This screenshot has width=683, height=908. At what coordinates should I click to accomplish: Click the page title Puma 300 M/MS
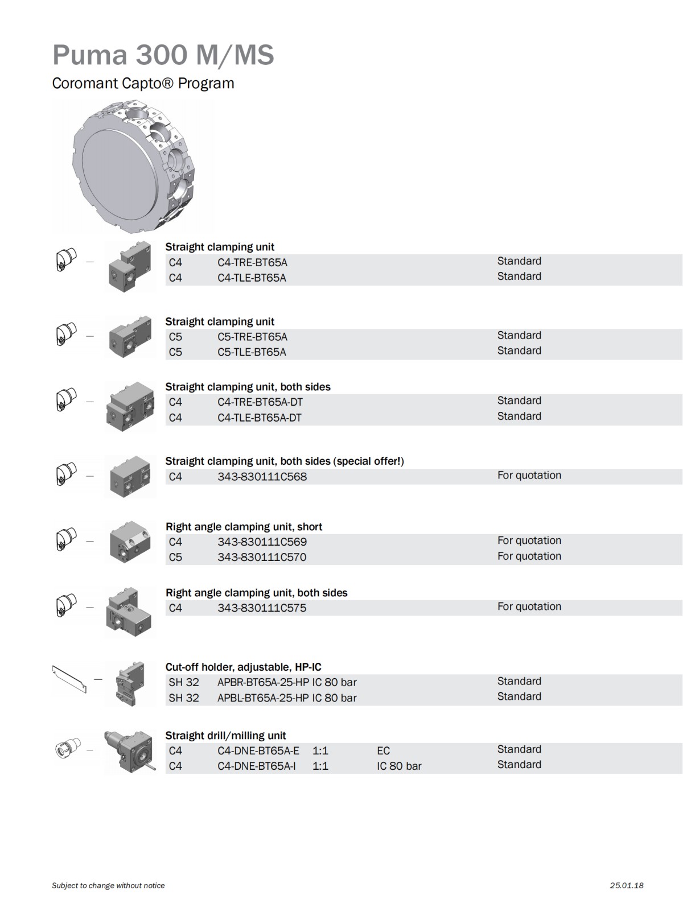(163, 55)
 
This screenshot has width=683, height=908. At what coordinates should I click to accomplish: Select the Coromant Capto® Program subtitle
(143, 83)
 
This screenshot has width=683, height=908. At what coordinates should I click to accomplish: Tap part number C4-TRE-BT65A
(252, 262)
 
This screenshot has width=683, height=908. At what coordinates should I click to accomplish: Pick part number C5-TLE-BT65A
(252, 352)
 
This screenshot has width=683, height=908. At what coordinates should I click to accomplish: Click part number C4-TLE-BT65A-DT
(259, 418)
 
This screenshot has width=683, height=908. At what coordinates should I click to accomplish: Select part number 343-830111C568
(262, 477)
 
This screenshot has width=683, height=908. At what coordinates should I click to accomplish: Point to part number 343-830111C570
(262, 557)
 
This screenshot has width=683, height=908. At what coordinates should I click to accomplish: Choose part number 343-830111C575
(262, 608)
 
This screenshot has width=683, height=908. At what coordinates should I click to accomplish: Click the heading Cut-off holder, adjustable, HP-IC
(243, 667)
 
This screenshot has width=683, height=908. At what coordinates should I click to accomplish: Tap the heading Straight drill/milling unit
(225, 736)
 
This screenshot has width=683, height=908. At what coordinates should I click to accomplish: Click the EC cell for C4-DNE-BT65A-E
(383, 751)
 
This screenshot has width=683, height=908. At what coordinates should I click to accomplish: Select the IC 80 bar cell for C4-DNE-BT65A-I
(399, 766)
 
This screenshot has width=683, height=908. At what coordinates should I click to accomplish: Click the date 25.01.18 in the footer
(626, 885)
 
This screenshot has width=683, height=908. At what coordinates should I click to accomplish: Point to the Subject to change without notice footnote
(108, 885)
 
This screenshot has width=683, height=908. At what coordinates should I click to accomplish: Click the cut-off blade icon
(69, 679)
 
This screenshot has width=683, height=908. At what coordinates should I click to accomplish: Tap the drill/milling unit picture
(129, 752)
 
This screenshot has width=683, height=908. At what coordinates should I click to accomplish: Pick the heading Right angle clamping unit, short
(244, 527)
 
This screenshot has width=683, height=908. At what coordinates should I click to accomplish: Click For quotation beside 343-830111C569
(529, 540)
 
